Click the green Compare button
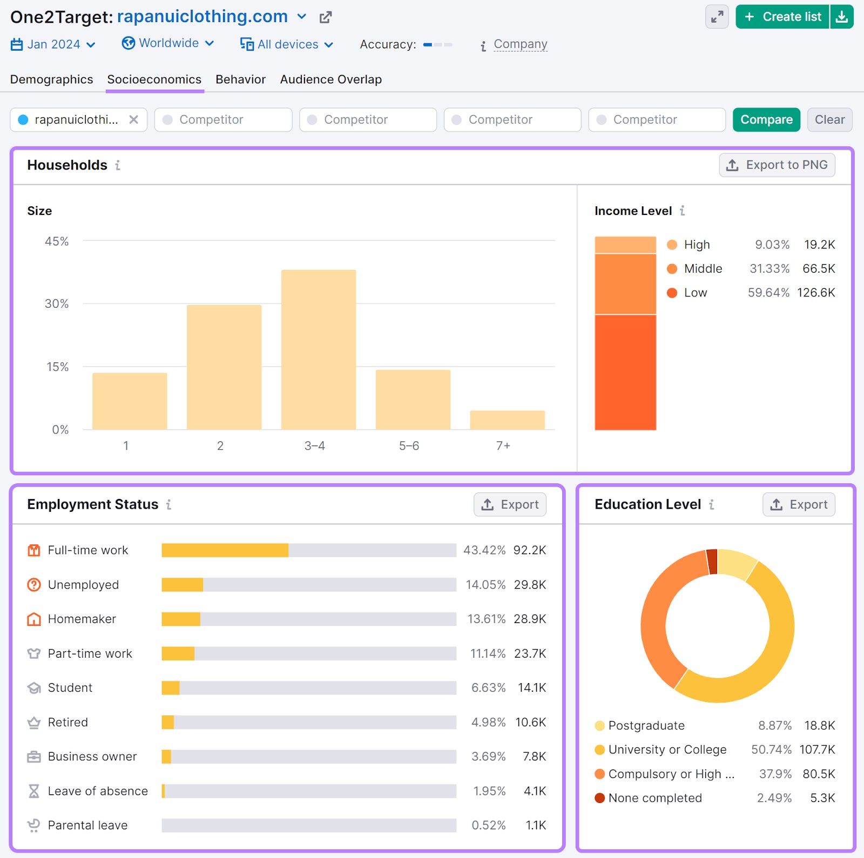[x=766, y=119]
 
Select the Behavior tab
[x=240, y=79]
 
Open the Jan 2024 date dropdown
[x=53, y=44]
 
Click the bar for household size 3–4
[x=318, y=349]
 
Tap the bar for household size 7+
[x=507, y=420]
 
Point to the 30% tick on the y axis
[x=57, y=303]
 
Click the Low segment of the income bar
[x=625, y=372]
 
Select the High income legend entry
[x=696, y=245]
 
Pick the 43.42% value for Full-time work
[x=484, y=550]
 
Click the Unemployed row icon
[x=34, y=585]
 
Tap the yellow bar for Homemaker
[x=181, y=619]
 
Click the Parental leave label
[x=87, y=825]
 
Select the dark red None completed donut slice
[x=712, y=562]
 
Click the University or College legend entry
[x=667, y=749]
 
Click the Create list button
[x=783, y=17]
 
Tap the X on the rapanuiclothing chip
[x=133, y=119]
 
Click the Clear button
[x=829, y=119]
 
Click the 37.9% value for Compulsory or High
[x=775, y=774]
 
